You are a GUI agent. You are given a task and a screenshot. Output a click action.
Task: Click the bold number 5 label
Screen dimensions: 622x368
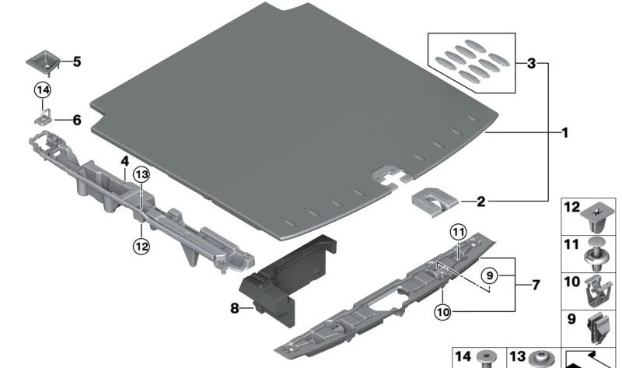coord(76,61)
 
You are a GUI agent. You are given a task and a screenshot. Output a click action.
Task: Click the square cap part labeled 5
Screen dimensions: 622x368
coord(43,62)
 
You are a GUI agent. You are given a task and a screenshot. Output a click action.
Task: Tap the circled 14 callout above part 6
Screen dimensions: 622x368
coord(43,90)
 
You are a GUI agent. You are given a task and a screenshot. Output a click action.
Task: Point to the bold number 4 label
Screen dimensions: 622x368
coord(125,161)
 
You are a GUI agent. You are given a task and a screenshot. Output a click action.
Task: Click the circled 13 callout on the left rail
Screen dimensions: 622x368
coord(142,175)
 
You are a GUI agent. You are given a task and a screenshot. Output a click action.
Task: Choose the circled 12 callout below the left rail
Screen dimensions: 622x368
coord(142,246)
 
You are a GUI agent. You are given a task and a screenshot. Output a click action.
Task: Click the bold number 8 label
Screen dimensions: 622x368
coord(235,307)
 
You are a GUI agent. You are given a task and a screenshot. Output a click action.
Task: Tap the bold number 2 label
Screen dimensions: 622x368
coord(480,202)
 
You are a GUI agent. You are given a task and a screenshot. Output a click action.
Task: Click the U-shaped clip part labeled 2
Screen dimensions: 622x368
coord(434,202)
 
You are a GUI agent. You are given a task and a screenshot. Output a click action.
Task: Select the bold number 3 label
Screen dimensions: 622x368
coord(532,63)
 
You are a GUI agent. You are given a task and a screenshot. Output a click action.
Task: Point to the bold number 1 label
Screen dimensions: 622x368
coord(565,132)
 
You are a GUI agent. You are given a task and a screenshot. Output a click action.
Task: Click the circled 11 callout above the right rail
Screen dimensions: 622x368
coord(458,232)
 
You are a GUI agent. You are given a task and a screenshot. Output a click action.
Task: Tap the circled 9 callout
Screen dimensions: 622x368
coord(490,275)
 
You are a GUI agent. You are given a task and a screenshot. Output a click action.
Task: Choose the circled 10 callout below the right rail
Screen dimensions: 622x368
coord(443,312)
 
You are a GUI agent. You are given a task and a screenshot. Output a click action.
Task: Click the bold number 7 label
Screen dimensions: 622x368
coord(536,285)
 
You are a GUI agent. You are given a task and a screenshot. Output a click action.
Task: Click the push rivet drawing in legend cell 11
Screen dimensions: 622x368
coord(594,254)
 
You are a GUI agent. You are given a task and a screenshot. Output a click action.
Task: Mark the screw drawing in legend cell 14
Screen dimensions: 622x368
coord(487,359)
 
